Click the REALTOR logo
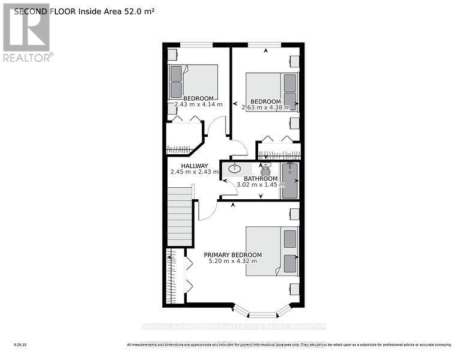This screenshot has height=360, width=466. pyautogui.click(x=27, y=33)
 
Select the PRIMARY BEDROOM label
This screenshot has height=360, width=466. pyautogui.click(x=232, y=254)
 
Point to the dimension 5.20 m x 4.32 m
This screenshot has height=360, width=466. pyautogui.click(x=232, y=261)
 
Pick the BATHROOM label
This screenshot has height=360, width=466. pyautogui.click(x=261, y=178)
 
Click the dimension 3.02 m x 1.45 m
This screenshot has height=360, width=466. pyautogui.click(x=261, y=185)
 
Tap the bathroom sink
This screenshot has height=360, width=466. pyautogui.click(x=235, y=169)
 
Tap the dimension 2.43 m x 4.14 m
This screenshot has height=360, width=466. pyautogui.click(x=198, y=104)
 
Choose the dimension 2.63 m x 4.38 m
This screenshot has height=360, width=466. pyautogui.click(x=265, y=108)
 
